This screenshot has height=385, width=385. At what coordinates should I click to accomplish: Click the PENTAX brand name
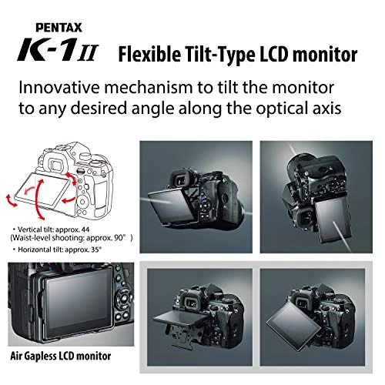(59, 28)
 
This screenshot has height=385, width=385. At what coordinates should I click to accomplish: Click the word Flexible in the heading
(149, 55)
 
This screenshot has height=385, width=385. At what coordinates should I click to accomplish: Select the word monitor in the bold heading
(325, 55)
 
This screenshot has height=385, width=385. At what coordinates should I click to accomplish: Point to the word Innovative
(59, 87)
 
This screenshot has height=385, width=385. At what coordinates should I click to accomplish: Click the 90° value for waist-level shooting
(121, 238)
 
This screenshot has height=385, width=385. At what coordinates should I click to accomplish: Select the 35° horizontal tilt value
(95, 249)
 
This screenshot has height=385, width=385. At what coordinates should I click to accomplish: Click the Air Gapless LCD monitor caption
(61, 356)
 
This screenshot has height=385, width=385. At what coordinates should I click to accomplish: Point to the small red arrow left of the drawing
(12, 201)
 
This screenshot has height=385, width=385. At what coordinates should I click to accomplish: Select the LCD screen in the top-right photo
(333, 220)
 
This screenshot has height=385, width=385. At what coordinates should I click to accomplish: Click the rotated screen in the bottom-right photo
(293, 326)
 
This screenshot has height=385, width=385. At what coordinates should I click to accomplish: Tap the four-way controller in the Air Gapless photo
(124, 300)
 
